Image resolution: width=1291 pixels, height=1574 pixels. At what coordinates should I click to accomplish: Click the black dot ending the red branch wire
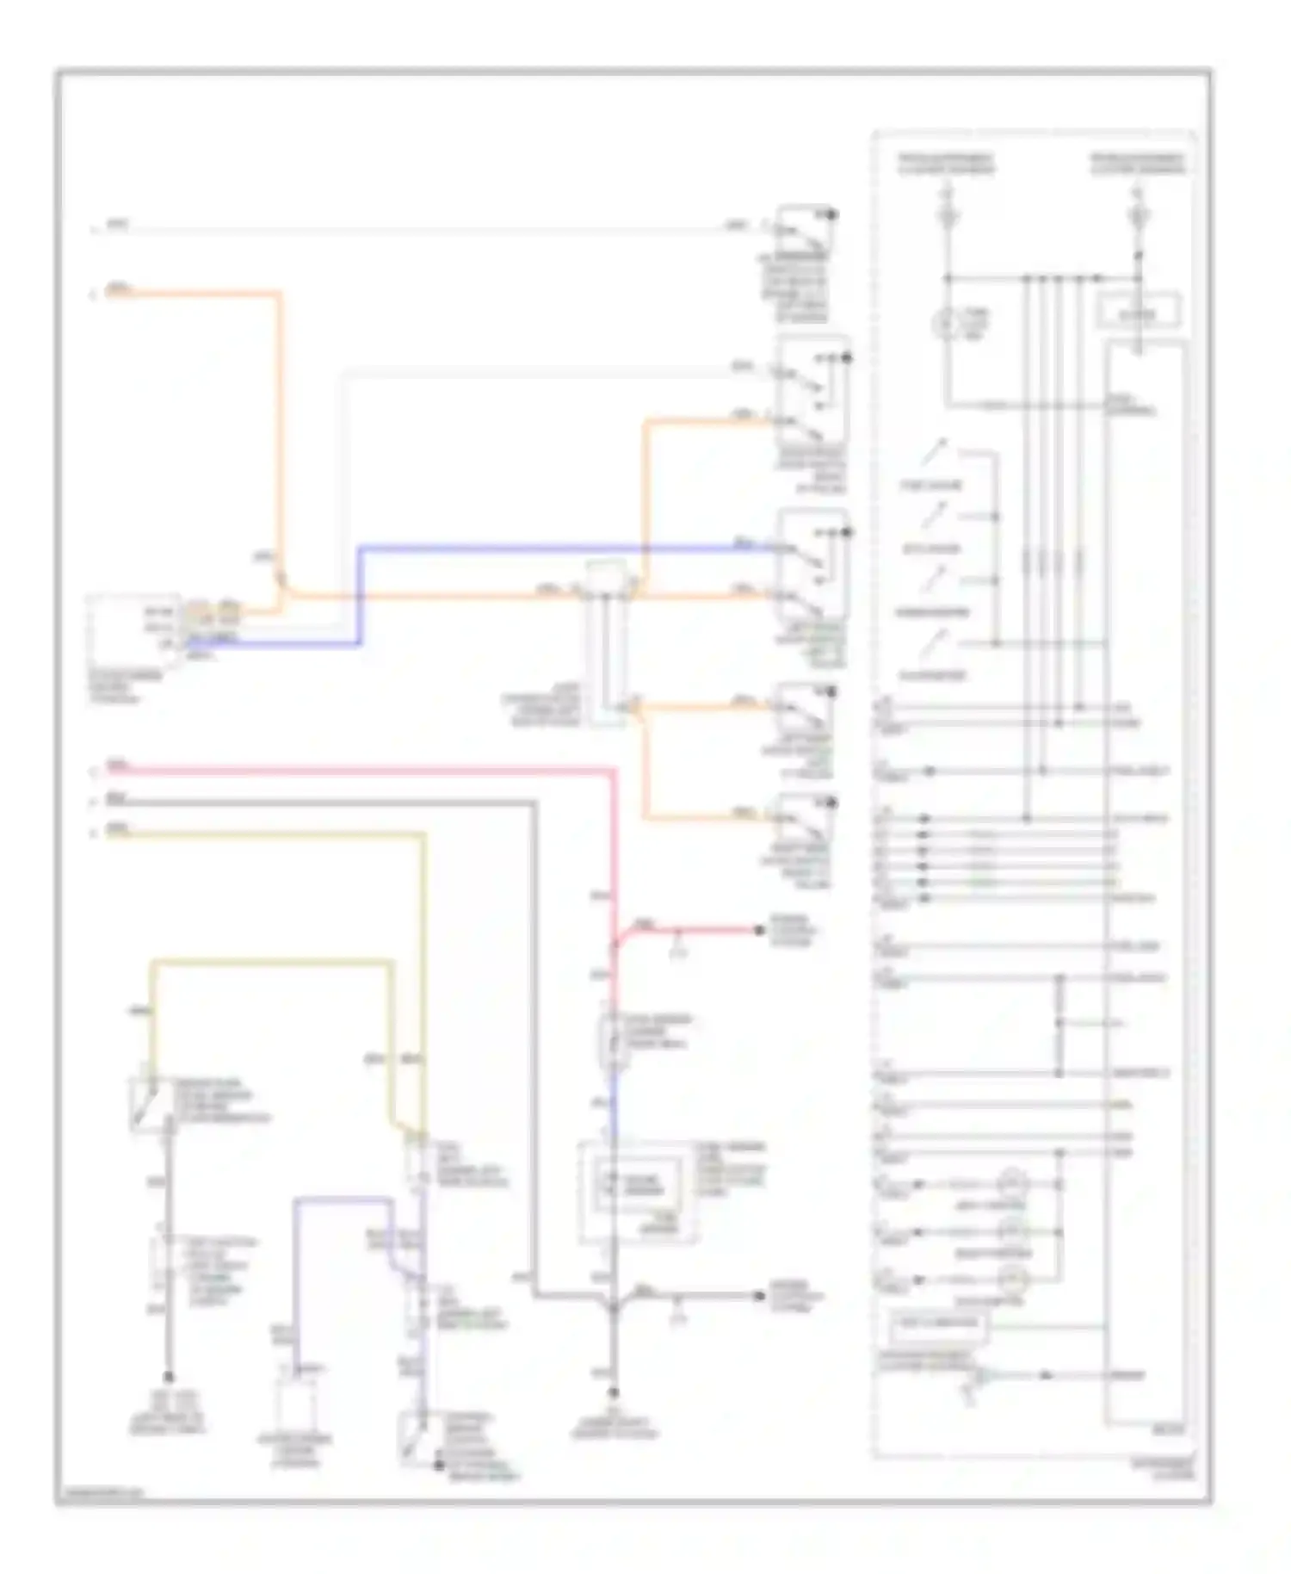[759, 930]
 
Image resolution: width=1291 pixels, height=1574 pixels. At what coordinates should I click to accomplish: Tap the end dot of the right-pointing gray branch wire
[759, 1295]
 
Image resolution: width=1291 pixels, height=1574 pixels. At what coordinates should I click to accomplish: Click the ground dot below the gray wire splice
[614, 1391]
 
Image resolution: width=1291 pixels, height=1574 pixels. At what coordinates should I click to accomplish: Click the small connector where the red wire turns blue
[613, 1039]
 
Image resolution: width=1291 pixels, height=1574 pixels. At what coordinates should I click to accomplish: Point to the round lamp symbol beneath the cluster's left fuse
[947, 324]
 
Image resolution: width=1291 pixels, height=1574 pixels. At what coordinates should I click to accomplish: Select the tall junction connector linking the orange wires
[607, 641]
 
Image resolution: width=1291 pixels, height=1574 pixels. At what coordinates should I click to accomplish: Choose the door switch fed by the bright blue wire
[812, 564]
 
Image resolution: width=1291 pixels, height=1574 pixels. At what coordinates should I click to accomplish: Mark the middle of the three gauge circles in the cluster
[1013, 1230]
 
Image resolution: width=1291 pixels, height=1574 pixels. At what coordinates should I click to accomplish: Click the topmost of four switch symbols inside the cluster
[935, 451]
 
